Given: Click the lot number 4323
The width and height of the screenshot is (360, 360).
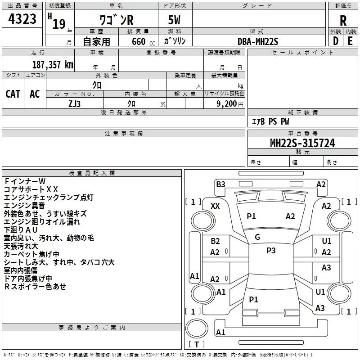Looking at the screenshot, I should click(22, 20).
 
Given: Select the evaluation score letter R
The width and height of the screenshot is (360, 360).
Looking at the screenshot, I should click(343, 20).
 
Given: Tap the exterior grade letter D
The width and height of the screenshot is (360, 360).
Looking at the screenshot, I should click(335, 41).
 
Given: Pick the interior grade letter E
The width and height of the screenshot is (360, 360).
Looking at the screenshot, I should click(350, 41).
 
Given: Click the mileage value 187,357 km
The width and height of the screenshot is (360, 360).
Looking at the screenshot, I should click(53, 64).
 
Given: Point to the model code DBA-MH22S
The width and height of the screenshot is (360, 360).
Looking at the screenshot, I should click(258, 41).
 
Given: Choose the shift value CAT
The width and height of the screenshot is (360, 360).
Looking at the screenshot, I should click(13, 94).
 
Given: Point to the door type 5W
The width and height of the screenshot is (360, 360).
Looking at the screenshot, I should click(175, 21).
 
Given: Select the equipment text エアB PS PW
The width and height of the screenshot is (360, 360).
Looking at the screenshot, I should click(270, 121).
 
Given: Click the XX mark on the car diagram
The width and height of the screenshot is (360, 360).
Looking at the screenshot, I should click(215, 206).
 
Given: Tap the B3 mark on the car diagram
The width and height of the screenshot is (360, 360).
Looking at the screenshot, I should click(220, 184).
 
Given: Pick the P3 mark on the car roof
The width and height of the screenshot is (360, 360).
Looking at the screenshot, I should click(271, 251).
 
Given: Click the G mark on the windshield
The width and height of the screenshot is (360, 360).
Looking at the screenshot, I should click(257, 237).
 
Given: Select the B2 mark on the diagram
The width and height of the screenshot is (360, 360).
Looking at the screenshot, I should click(215, 241).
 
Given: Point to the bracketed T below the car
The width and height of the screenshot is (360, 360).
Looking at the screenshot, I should click(197, 344).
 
